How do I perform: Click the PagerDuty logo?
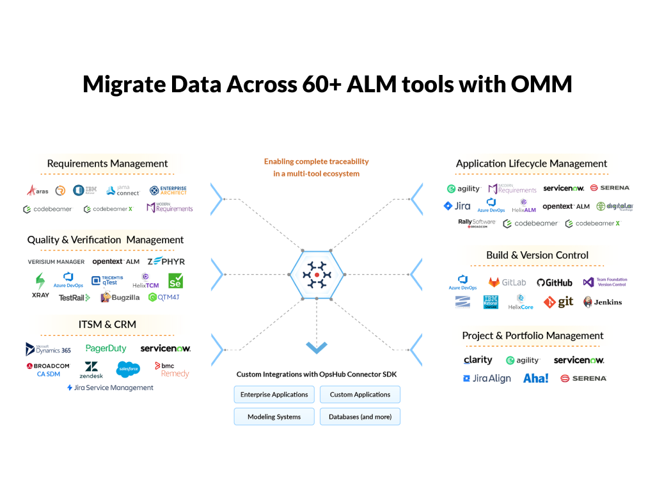[106, 348]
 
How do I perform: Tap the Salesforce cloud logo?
[129, 368]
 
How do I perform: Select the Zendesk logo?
[91, 370]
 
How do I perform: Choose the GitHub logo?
[555, 283]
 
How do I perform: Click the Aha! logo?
[535, 378]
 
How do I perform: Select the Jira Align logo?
[487, 379]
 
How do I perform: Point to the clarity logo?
[478, 360]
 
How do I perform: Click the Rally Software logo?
[477, 223]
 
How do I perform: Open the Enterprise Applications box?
[274, 395]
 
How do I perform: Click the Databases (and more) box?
[360, 416]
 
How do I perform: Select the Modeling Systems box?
[274, 416]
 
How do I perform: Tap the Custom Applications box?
[360, 395]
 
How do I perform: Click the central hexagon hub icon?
[317, 274]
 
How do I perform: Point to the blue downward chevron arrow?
[317, 347]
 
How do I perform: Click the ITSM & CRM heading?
[107, 324]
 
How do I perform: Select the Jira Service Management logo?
[110, 388]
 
